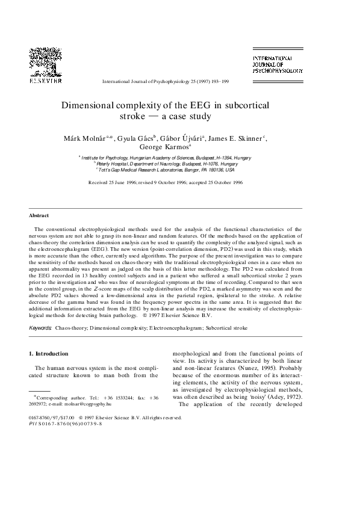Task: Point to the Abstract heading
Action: click(x=39, y=215)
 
